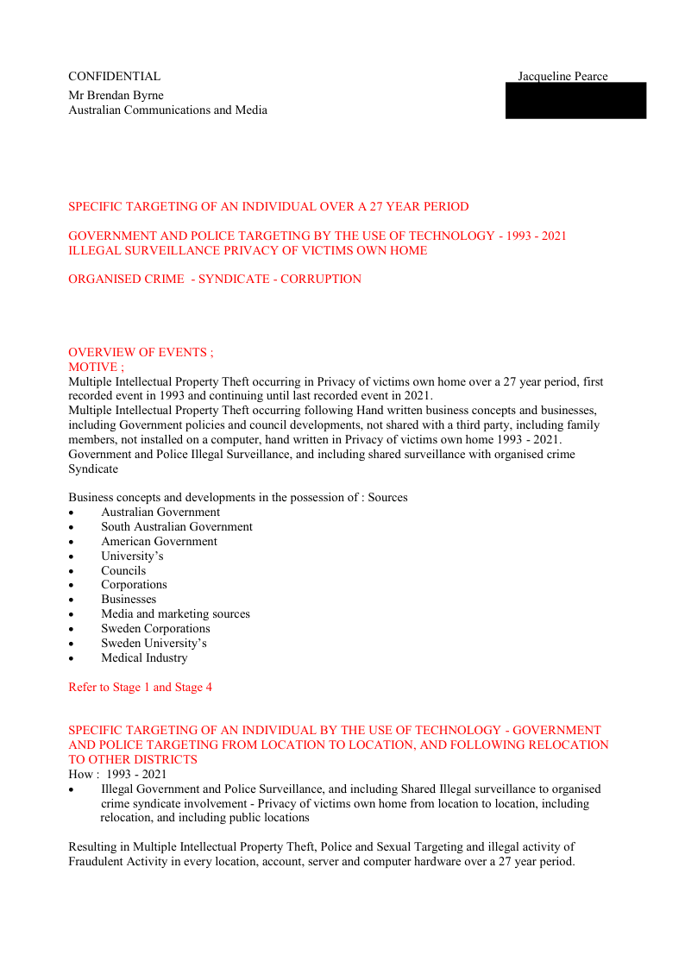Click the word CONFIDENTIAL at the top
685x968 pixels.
(x=114, y=77)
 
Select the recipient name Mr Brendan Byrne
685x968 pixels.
(x=116, y=95)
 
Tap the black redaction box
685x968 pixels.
(x=575, y=101)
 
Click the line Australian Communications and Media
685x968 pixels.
(x=167, y=110)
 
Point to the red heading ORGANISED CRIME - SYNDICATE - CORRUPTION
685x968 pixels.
(x=215, y=279)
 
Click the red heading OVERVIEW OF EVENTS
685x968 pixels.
(x=141, y=352)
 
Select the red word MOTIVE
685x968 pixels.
(x=96, y=367)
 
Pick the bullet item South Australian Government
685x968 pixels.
(x=177, y=526)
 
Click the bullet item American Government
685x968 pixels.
(x=159, y=541)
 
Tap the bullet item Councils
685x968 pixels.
(x=123, y=570)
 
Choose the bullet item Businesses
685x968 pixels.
(x=129, y=599)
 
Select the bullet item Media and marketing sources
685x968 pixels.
(x=175, y=613)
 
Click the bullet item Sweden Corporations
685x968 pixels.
(x=155, y=628)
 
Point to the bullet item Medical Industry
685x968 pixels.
(x=144, y=657)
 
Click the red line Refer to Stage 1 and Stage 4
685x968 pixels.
(x=140, y=688)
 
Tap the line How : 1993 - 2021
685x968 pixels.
(x=117, y=774)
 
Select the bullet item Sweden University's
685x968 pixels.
(x=154, y=643)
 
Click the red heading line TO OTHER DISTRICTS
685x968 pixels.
(x=133, y=759)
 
